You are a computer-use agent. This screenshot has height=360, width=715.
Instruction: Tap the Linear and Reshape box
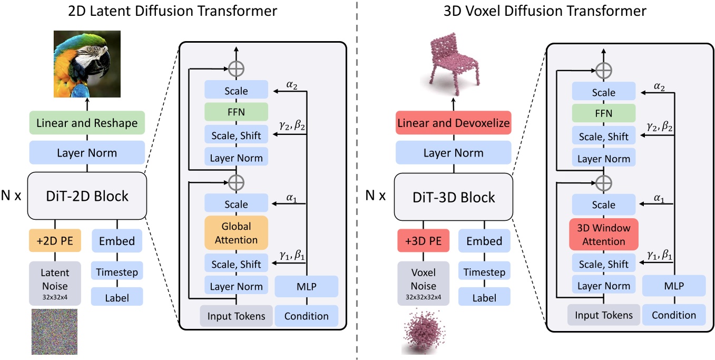click(x=87, y=123)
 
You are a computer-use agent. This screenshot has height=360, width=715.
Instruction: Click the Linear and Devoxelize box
click(x=454, y=123)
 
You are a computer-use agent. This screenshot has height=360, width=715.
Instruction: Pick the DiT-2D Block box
click(x=87, y=196)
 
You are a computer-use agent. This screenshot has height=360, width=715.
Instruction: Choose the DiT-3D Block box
click(x=454, y=197)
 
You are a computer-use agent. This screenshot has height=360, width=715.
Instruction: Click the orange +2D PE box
click(x=55, y=241)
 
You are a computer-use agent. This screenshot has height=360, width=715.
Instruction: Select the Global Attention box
click(x=236, y=233)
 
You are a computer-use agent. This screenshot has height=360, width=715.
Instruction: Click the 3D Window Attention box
click(x=604, y=235)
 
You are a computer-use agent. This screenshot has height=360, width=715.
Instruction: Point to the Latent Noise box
click(x=55, y=283)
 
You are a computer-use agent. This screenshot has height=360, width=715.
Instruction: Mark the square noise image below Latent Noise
click(x=55, y=332)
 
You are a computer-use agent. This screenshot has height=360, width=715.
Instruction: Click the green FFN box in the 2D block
click(x=236, y=112)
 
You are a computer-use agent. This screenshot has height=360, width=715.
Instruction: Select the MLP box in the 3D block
click(x=674, y=286)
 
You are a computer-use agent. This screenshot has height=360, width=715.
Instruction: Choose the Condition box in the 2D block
click(x=306, y=316)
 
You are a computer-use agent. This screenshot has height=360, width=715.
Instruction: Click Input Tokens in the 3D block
click(x=604, y=315)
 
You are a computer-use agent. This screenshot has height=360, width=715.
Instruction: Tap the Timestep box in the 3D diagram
click(x=484, y=273)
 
